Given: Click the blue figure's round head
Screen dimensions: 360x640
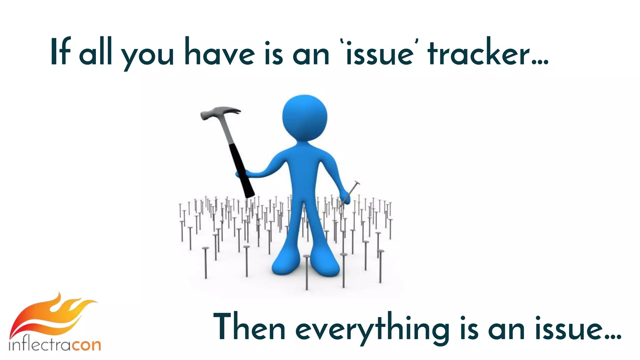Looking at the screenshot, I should tap(305, 117).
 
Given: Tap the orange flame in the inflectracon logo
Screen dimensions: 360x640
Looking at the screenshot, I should tap(53, 316).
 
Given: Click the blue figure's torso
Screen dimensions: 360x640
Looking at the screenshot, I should tap(305, 175).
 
